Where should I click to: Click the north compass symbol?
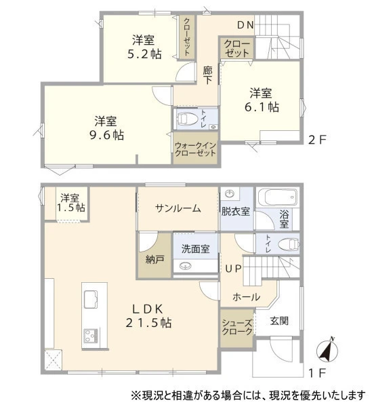(327, 351)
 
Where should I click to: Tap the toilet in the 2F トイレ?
(186, 119)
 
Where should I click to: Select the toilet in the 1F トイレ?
(289, 244)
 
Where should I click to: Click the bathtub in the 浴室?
(278, 197)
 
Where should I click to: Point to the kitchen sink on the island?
(91, 299)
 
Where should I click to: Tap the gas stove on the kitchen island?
(91, 335)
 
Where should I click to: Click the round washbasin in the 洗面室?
(186, 266)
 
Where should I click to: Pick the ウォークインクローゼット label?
(195, 149)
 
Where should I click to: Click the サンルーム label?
(178, 208)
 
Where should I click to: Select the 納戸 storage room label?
(154, 259)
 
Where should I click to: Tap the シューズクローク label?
(237, 327)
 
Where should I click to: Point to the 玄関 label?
(279, 321)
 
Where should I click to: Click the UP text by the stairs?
(234, 269)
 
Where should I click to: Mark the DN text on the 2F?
(245, 25)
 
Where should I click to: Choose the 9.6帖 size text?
(106, 135)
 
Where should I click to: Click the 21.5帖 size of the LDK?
(148, 323)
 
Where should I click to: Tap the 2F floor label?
(317, 140)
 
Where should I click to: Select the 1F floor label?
(317, 373)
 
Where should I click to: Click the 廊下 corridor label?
(207, 75)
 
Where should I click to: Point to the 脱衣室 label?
(236, 211)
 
